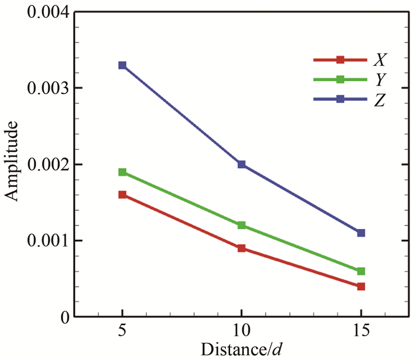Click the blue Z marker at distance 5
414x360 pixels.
coord(122,65)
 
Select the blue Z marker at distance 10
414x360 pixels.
coord(241,164)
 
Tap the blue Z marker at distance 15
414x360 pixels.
coord(361,233)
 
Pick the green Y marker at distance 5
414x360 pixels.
coord(122,172)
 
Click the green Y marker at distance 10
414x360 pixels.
coord(241,225)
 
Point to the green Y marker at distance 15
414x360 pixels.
coord(361,271)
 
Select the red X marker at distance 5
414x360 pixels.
coord(122,195)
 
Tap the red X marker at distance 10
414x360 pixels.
coord(241,248)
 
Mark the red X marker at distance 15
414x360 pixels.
coord(361,287)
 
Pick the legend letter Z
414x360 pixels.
coord(380,99)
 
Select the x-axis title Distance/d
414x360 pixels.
coord(241,349)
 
